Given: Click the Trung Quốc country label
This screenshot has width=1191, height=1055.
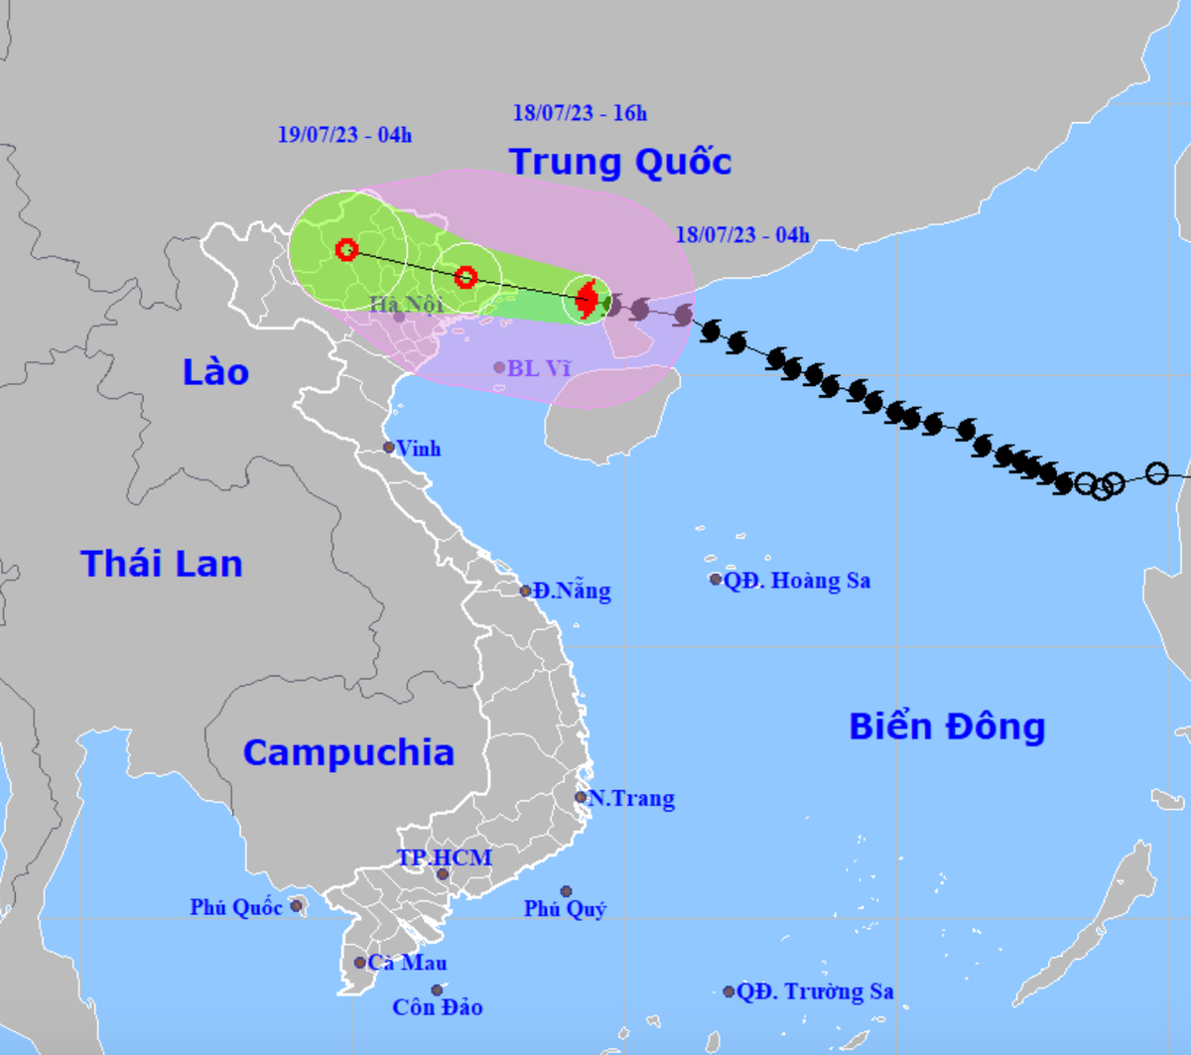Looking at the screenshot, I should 620,162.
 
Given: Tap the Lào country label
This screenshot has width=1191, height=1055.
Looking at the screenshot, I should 215,372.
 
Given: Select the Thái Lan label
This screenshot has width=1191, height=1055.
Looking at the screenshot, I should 162,564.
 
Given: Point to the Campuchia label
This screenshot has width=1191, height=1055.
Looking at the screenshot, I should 348,752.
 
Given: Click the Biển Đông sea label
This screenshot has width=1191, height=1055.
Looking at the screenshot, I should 947,726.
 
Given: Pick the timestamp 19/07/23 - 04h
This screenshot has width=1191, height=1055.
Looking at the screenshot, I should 344,135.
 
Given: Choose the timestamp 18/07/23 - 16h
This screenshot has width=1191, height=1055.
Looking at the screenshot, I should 580,113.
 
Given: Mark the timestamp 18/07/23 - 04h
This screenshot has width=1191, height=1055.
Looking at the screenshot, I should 742,235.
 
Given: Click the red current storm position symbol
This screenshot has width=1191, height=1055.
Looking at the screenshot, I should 587,299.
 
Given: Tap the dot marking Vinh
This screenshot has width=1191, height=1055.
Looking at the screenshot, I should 390,448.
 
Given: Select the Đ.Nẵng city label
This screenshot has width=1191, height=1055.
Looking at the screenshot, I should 571,592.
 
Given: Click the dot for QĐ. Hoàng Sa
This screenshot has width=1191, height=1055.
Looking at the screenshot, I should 716,580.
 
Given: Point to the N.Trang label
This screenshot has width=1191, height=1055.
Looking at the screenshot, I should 631,798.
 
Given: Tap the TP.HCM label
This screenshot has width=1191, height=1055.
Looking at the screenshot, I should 444,857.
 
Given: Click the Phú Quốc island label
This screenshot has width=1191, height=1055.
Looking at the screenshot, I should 236,907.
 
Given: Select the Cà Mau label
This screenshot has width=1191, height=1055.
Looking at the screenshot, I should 407,963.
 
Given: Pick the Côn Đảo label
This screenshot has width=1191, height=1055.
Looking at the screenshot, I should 438,1007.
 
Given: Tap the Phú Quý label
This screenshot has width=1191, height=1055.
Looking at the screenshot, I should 566,908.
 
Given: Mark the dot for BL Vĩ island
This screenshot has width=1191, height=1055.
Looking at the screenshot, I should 499,367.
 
